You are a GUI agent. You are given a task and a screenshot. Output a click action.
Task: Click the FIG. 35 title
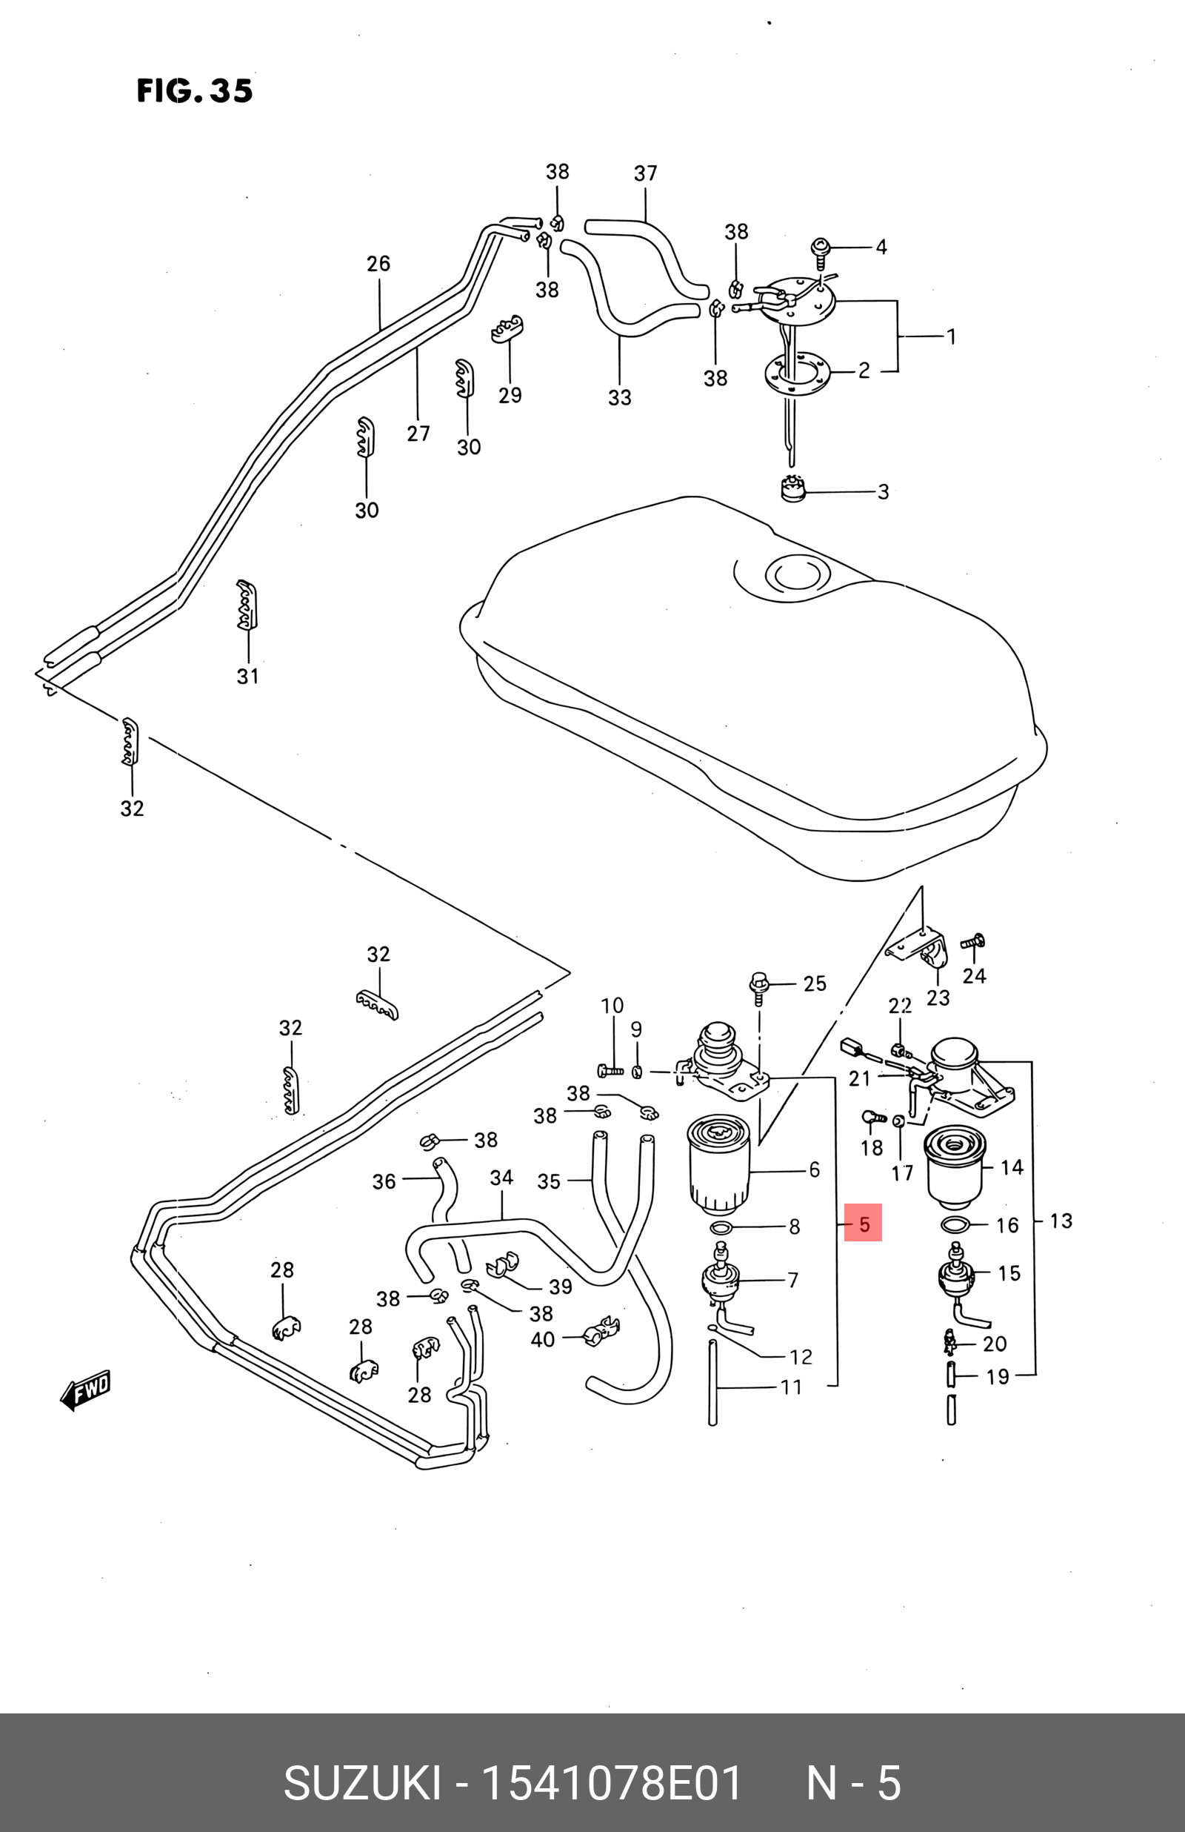click(195, 91)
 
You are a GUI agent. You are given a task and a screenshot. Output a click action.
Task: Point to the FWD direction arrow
click(85, 1390)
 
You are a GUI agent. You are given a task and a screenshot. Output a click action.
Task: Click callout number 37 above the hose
click(646, 173)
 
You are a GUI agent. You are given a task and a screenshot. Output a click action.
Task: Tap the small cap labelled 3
click(792, 489)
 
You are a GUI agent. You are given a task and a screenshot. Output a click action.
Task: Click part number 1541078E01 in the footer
click(612, 1784)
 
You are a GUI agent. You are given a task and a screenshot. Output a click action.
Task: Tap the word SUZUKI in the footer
click(362, 1784)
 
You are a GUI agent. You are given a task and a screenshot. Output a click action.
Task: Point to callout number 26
click(378, 264)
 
